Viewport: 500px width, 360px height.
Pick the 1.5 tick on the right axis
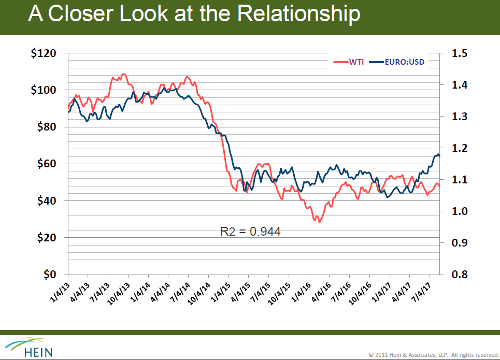(x=460, y=53)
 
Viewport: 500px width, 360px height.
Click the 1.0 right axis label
(x=460, y=211)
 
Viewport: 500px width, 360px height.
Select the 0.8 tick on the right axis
(x=460, y=274)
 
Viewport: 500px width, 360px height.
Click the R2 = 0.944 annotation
(x=251, y=232)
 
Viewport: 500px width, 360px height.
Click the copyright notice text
(x=433, y=355)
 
